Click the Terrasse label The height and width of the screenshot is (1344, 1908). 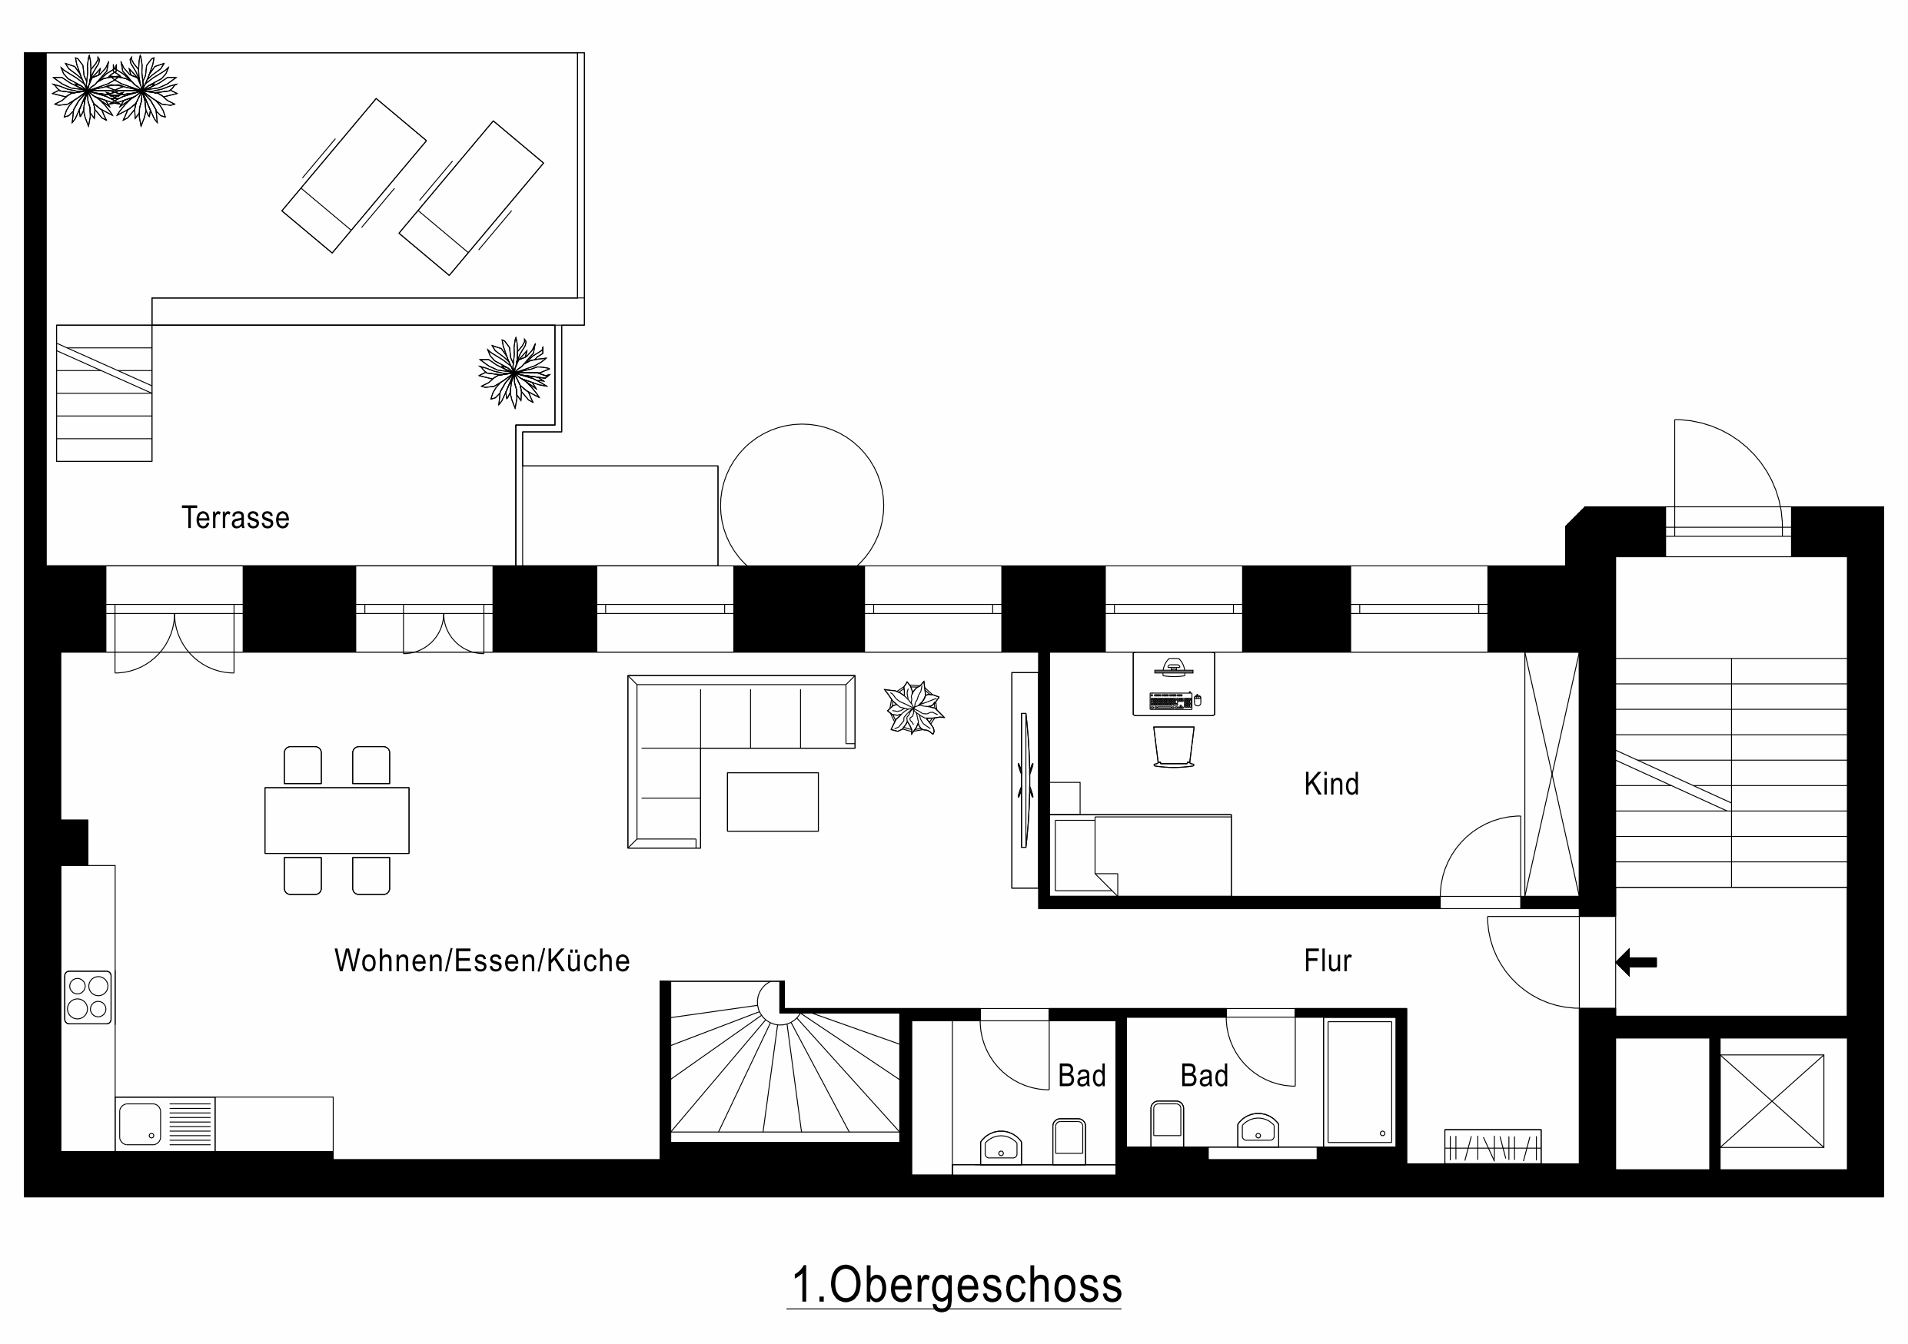235,517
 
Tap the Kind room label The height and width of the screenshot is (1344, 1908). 1331,784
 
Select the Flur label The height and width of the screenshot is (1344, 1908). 1327,961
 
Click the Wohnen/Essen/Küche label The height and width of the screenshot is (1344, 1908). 482,961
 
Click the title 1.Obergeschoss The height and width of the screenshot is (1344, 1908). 956,1284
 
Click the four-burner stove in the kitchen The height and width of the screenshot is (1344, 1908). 88,997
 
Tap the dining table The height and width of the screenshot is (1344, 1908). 337,820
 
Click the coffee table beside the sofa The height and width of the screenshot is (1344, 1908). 773,801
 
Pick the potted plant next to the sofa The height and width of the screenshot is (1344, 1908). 913,708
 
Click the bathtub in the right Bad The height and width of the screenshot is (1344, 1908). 1360,1081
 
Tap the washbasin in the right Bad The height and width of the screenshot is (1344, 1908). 1258,1130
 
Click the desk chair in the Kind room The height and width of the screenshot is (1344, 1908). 1173,747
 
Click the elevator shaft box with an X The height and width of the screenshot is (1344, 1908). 1772,1100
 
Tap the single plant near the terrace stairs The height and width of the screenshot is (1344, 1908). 514,372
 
